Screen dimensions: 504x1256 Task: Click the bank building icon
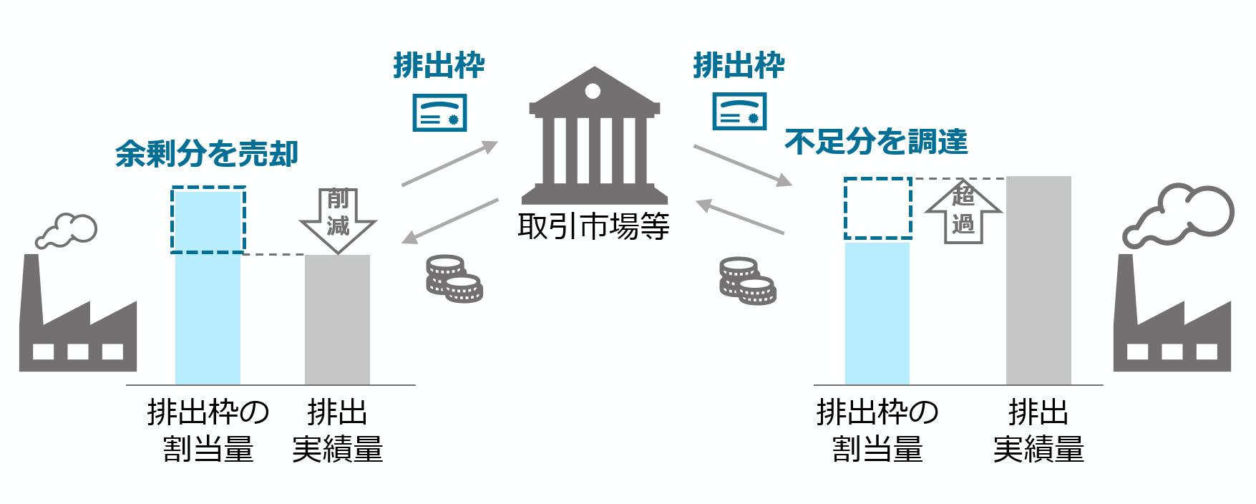coord(594,136)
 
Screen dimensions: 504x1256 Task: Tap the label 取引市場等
coord(593,227)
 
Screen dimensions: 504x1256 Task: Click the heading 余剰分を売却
coord(207,154)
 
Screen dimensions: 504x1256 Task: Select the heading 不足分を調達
coord(876,142)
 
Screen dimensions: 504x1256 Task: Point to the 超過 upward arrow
coord(963,211)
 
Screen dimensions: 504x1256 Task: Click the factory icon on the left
coord(77,322)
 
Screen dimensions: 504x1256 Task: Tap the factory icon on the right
coord(1172,322)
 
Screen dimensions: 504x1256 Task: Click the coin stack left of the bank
coord(454,278)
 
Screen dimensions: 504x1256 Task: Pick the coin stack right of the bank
coord(747,281)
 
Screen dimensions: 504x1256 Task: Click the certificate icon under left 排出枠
coord(439,112)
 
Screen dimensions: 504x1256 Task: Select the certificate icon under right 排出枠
coord(739,112)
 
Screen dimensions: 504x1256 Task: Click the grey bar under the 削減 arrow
coord(337,320)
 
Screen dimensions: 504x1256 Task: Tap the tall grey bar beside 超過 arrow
coord(1038,281)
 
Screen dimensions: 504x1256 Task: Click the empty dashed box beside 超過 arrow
coord(878,208)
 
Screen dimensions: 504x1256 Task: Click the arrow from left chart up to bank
coord(449,163)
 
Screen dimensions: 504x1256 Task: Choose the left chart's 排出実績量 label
coord(337,431)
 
